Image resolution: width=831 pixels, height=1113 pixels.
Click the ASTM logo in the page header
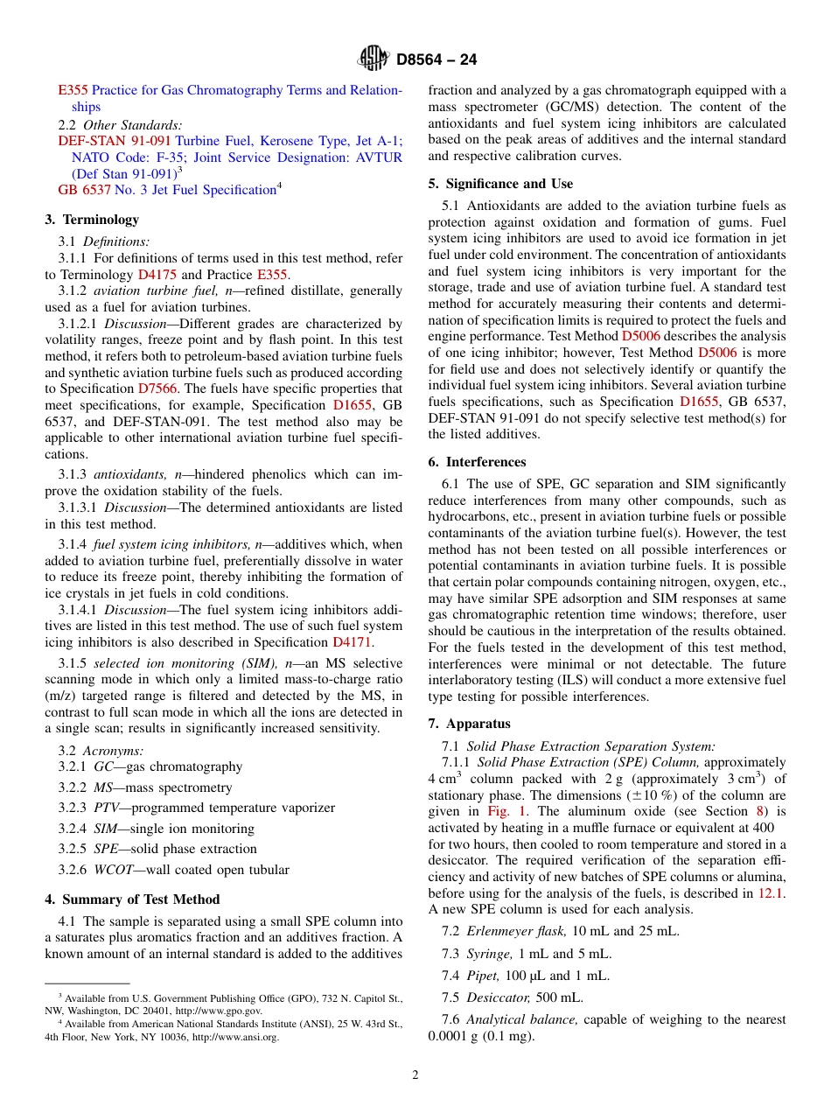pos(374,59)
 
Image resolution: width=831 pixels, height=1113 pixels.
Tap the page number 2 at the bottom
pos(415,1075)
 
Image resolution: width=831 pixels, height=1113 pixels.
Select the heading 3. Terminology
pos(92,220)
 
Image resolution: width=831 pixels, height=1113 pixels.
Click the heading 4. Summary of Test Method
pos(132,899)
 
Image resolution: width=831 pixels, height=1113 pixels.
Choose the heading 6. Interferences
pos(477,462)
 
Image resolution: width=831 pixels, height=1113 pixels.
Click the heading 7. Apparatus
pos(469,724)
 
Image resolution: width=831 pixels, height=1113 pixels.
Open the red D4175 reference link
pos(157,274)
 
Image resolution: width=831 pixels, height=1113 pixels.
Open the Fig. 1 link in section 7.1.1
pos(506,811)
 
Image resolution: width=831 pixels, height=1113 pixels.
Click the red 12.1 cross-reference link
pos(771,893)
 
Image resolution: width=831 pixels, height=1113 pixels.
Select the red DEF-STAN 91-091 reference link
pos(115,141)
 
